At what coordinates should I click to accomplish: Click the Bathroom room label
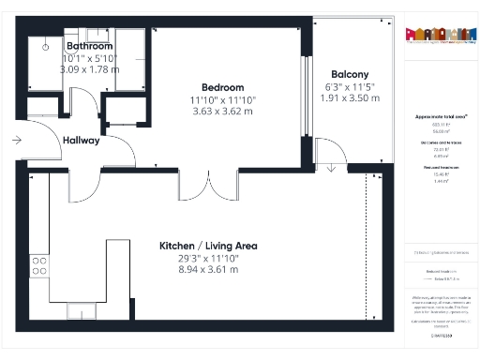[89, 46]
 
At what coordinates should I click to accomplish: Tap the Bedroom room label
[222, 87]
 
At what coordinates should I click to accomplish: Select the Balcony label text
[350, 74]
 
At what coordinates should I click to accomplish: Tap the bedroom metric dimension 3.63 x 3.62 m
[222, 112]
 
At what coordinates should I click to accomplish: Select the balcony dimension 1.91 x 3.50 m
[350, 97]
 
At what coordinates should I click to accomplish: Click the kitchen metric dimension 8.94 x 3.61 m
[194, 269]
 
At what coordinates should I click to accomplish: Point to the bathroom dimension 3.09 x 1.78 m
[89, 68]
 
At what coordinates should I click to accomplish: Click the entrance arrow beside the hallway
[18, 141]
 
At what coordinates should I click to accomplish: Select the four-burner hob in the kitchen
[39, 265]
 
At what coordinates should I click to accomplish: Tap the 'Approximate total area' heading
[440, 116]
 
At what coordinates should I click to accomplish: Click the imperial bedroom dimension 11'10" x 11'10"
[222, 99]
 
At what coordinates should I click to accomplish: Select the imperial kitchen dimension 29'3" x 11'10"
[194, 258]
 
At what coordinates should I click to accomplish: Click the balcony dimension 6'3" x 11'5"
[350, 86]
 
